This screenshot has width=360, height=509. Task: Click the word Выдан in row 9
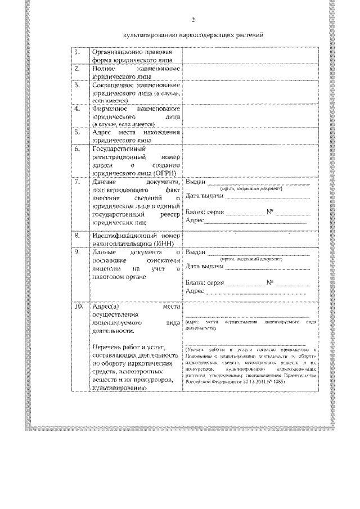(x=194, y=253)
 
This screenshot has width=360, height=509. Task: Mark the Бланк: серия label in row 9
(x=205, y=282)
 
